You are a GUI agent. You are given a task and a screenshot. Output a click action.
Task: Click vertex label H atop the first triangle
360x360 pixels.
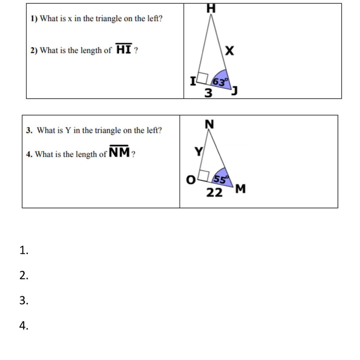pos(211,9)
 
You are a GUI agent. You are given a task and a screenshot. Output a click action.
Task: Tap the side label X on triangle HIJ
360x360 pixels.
pos(229,51)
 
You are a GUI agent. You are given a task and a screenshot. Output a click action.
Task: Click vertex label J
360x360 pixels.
pos(234,91)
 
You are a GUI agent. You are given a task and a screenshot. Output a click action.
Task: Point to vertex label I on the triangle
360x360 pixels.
pos(193,81)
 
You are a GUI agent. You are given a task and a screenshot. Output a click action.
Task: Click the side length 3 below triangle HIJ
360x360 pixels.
pos(208,93)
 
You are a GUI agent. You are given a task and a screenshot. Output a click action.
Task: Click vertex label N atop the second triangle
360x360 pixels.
pos(209,124)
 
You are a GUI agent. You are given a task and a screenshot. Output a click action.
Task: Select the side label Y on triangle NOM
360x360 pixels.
pos(198,151)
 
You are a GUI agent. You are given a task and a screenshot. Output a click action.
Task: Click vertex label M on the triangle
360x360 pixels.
pos(240,189)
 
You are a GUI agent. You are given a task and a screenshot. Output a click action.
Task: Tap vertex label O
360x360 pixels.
pos(191,180)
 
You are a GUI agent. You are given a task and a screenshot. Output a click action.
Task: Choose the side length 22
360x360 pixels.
pos(214,193)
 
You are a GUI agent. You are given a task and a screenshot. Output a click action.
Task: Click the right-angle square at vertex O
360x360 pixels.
pos(204,176)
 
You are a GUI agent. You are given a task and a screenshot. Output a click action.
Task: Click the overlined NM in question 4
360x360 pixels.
pos(119,151)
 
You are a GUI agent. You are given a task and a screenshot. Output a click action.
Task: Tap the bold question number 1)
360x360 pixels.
pos(34,19)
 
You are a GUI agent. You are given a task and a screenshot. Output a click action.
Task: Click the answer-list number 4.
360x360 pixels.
pos(24,325)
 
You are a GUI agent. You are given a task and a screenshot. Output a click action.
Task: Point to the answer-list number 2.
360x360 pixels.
pos(24,275)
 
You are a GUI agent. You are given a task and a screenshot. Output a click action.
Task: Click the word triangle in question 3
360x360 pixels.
pos(109,130)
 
